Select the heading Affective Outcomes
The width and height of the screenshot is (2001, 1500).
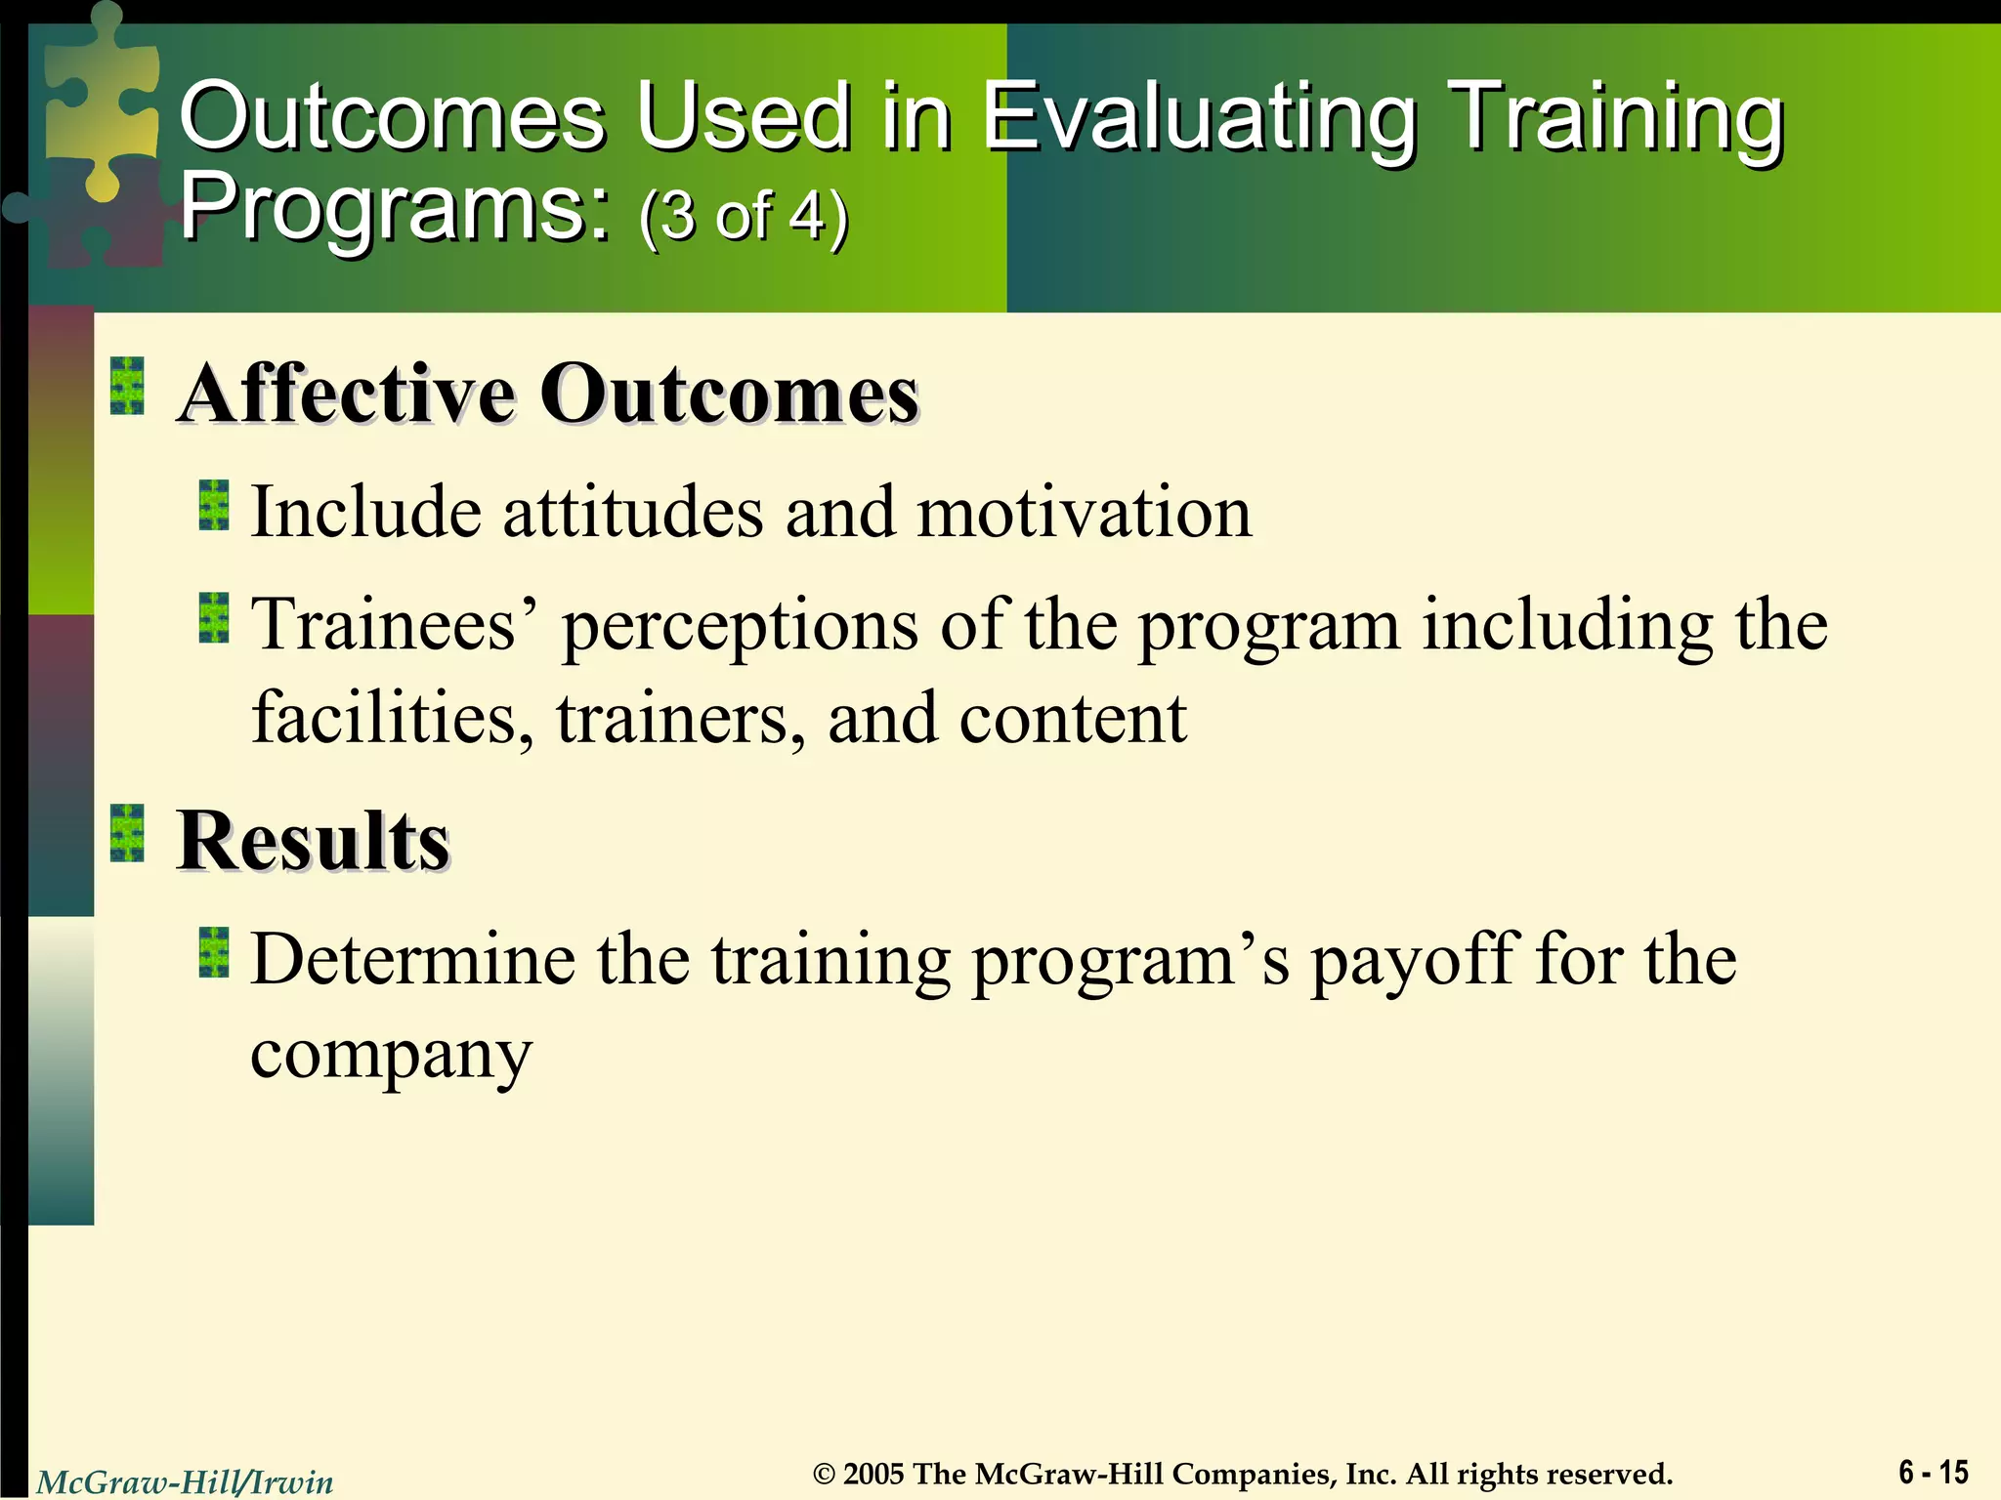click(x=547, y=394)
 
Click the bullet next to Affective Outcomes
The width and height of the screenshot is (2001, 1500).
click(x=127, y=386)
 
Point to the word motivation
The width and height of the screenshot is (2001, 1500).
click(x=1084, y=513)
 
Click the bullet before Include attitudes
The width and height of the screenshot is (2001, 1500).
click(x=214, y=506)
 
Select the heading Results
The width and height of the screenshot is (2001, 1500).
click(x=313, y=841)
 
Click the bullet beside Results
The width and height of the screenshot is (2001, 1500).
click(x=127, y=833)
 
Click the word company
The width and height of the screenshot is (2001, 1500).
click(x=391, y=1055)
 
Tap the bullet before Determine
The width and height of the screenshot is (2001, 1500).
click(x=214, y=953)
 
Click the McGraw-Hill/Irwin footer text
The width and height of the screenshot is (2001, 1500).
click(x=185, y=1482)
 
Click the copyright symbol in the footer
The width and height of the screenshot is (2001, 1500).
click(x=825, y=1475)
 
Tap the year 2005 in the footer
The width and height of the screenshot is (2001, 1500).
click(x=873, y=1474)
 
